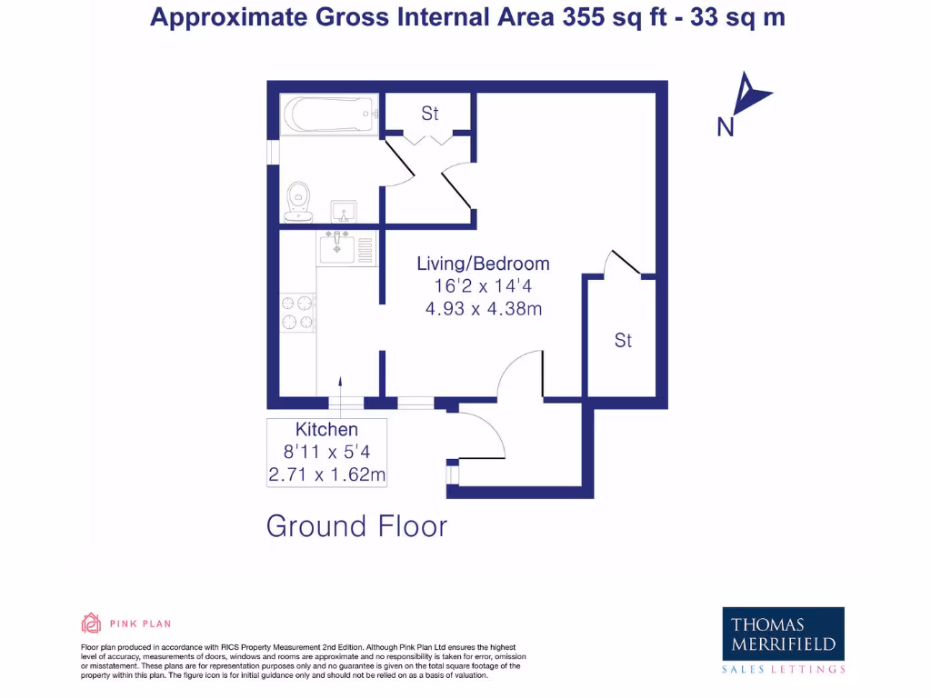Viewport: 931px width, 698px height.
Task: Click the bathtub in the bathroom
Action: point(329,115)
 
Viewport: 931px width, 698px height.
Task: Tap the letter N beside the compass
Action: point(726,128)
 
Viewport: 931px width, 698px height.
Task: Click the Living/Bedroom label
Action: point(483,264)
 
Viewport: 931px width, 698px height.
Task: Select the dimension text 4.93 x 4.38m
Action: point(483,309)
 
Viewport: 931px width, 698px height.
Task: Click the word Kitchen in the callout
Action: point(326,429)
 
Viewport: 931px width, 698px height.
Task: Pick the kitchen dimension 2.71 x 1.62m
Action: point(326,474)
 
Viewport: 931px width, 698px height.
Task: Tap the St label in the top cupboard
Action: point(429,114)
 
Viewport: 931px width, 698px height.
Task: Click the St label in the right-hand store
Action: point(623,341)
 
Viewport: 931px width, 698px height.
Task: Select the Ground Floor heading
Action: point(356,526)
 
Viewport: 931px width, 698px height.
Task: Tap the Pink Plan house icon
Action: point(91,623)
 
